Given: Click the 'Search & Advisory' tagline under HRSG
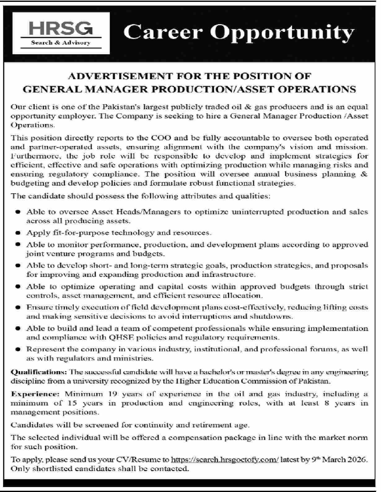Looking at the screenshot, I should (x=61, y=43).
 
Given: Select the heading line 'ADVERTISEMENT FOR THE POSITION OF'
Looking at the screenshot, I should (x=189, y=76).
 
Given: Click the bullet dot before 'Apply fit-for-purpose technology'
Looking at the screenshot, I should (x=18, y=233).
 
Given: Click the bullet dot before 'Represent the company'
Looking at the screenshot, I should (x=18, y=349).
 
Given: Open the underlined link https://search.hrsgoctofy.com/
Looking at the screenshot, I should (x=225, y=460).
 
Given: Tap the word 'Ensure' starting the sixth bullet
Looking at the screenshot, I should (x=36, y=307).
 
